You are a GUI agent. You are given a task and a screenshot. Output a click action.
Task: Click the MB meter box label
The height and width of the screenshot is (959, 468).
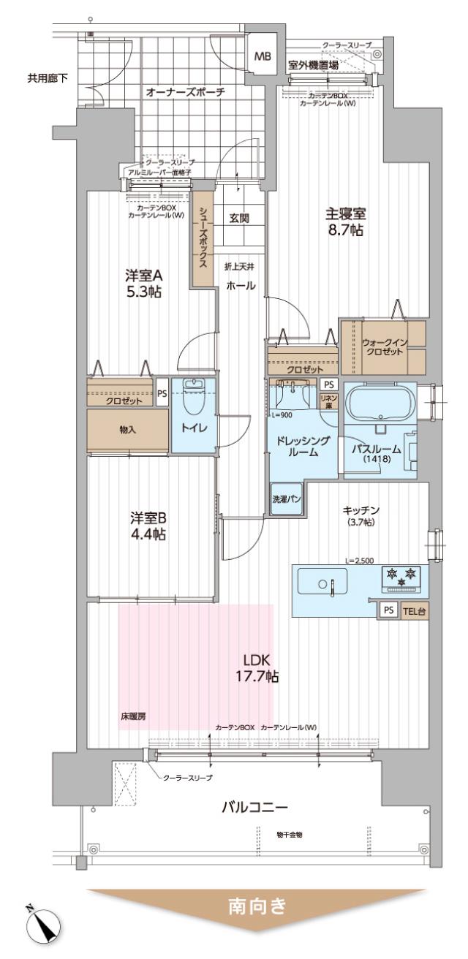pos(261,56)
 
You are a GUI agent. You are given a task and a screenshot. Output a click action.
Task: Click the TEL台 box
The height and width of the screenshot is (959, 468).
pos(414,611)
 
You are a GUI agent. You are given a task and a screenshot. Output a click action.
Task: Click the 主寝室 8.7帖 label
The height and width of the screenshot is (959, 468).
pos(345,222)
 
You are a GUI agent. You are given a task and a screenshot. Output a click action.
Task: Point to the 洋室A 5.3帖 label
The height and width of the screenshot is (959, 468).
pos(143,284)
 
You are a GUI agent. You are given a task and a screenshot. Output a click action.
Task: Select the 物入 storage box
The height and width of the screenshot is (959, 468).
pos(128,431)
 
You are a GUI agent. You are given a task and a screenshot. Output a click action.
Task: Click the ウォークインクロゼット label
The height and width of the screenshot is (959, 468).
pos(382,346)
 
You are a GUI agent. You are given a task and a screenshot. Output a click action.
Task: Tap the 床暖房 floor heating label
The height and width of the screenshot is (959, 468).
pos(132,716)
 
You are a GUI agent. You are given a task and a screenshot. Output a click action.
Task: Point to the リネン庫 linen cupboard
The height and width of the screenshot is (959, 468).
pos(328,400)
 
